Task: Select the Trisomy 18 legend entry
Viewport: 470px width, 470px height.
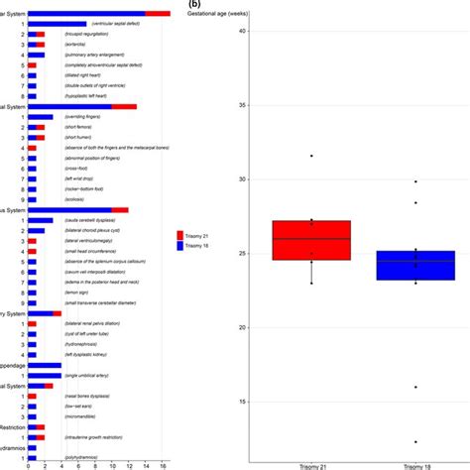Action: click(x=198, y=246)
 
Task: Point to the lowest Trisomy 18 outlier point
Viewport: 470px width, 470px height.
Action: click(x=415, y=441)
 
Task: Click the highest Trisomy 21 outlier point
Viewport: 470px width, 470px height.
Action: click(x=311, y=156)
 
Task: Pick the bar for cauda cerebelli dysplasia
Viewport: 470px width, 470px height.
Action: click(x=41, y=219)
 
